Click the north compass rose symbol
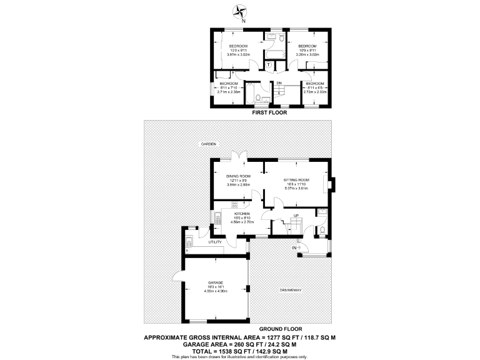click(x=240, y=11)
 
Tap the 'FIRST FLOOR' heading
click(x=269, y=113)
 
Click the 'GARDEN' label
click(x=208, y=144)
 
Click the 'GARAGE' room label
click(x=216, y=282)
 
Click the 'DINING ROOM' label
click(x=239, y=176)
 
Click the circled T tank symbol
click(x=268, y=64)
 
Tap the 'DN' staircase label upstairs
click(x=279, y=83)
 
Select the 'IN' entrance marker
click(x=294, y=248)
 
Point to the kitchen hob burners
click(x=217, y=219)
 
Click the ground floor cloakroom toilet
click(x=321, y=231)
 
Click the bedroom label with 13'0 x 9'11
click(x=238, y=47)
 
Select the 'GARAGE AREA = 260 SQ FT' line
click(x=239, y=344)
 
